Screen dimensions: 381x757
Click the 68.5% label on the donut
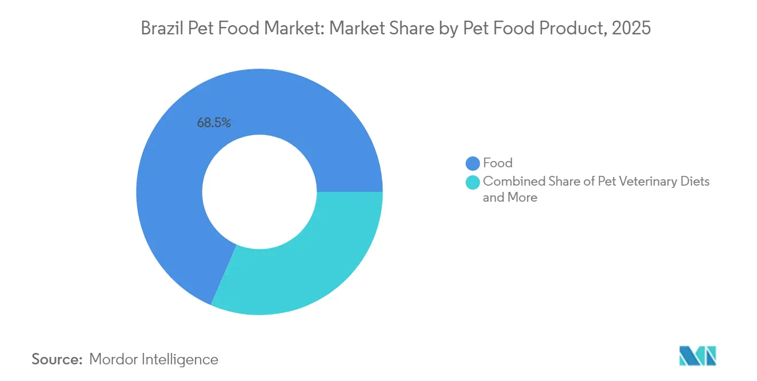(x=213, y=122)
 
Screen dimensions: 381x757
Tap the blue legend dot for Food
(x=473, y=163)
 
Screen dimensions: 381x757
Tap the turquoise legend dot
(x=473, y=182)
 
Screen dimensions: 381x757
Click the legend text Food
(x=497, y=163)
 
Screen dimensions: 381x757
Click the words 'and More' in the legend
(x=510, y=198)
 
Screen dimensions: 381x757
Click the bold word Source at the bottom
(x=57, y=359)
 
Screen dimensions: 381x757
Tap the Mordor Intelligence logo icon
(x=697, y=356)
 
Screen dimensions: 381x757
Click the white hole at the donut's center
(x=259, y=192)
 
